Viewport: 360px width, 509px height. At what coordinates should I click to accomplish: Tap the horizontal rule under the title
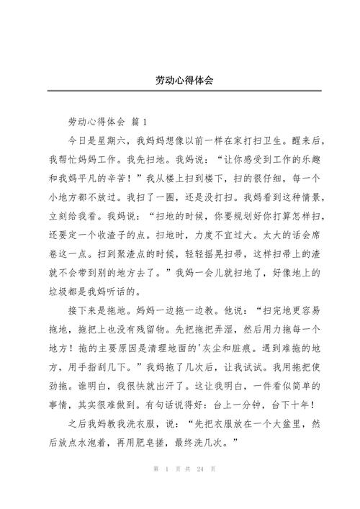pos(180,92)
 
